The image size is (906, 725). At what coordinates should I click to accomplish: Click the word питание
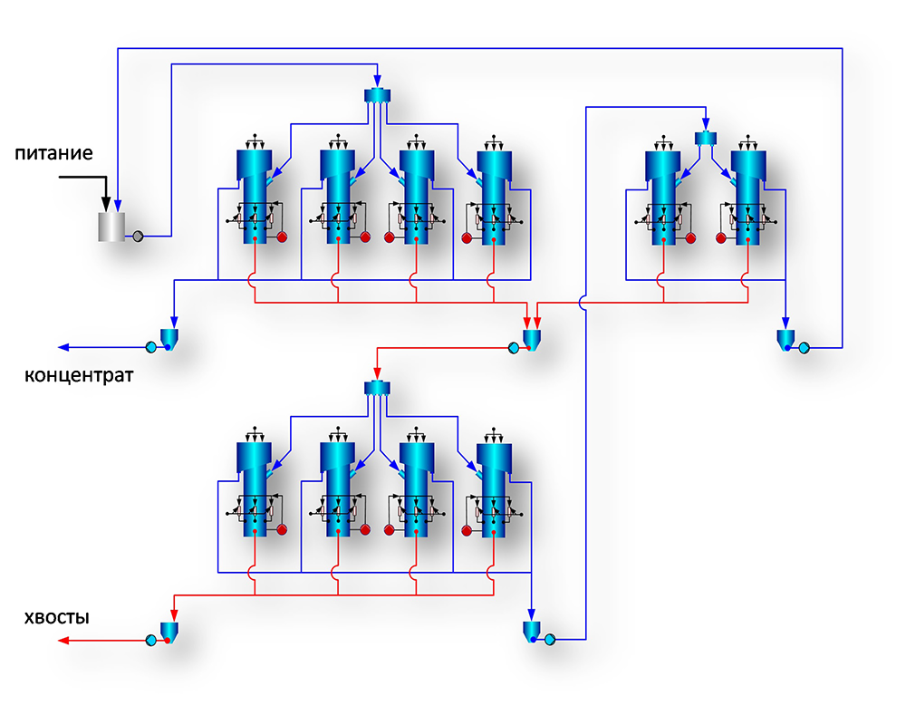point(53,153)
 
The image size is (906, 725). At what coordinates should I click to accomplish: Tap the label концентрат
point(79,374)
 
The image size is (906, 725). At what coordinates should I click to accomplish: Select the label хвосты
point(57,618)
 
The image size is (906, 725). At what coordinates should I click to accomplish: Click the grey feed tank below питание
point(111,226)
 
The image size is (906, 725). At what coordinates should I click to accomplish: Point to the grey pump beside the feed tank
point(138,236)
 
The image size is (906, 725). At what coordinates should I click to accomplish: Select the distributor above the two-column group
point(705,138)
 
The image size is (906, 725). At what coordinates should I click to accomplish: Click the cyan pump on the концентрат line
point(150,347)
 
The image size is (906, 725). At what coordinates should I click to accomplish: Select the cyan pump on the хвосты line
point(150,641)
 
